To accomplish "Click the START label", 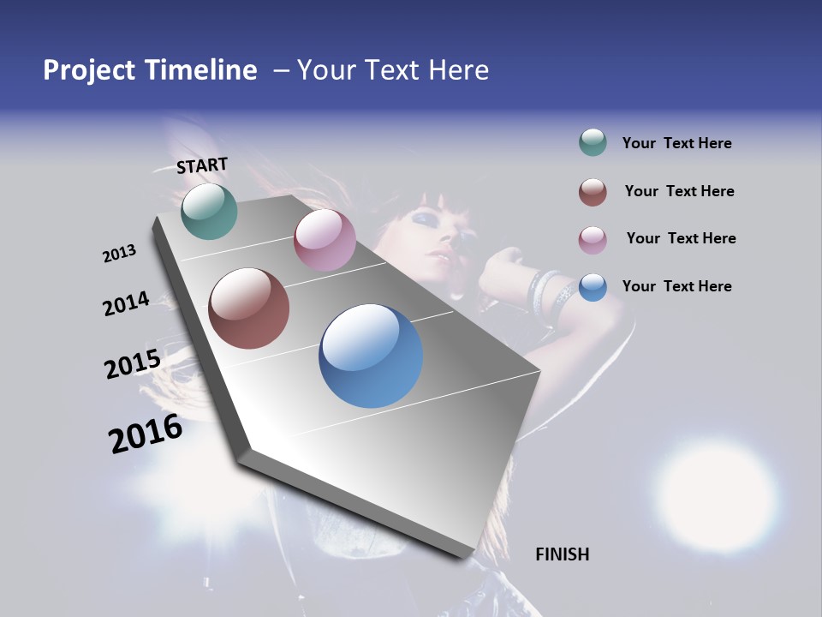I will [x=202, y=165].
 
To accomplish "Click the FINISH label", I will [x=563, y=554].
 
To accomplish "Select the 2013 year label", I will [x=119, y=254].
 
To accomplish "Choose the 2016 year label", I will [x=146, y=434].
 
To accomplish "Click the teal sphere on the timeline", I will [x=210, y=211].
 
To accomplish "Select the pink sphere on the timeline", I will [x=325, y=240].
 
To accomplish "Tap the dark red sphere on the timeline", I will [x=248, y=308].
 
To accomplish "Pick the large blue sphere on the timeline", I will [x=371, y=356].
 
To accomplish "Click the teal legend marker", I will [x=593, y=143].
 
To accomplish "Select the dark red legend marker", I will [x=593, y=192].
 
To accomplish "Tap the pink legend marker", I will [x=593, y=239].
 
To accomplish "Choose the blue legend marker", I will [x=593, y=286].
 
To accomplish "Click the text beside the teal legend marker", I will [x=676, y=144].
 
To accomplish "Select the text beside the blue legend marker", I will [x=676, y=286].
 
